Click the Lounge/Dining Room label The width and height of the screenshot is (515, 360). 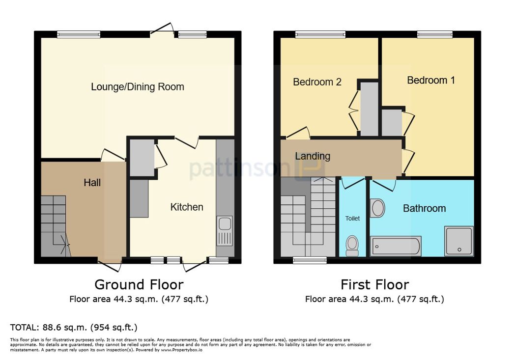point(137,87)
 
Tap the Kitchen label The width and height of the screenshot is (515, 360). point(187,207)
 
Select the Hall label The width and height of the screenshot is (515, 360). point(92,183)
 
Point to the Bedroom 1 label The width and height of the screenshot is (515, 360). point(431,80)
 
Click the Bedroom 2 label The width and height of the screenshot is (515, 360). point(317,82)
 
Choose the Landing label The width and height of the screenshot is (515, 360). point(313,156)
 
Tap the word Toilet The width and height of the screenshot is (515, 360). point(352,218)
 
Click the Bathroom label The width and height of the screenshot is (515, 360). point(425,208)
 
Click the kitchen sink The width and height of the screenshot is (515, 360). point(225,231)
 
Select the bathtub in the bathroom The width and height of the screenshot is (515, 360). point(396,246)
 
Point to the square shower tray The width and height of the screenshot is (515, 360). point(459,241)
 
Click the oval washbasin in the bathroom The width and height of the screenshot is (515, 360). point(377,208)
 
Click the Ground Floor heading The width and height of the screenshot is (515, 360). point(139,284)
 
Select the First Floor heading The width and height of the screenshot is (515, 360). point(375,284)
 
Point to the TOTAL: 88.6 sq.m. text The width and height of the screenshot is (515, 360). point(74,327)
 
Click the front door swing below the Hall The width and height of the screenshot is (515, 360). point(110,266)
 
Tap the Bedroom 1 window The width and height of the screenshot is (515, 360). point(435,34)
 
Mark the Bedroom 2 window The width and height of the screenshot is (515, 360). point(320,34)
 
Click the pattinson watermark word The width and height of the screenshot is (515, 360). point(240,169)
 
